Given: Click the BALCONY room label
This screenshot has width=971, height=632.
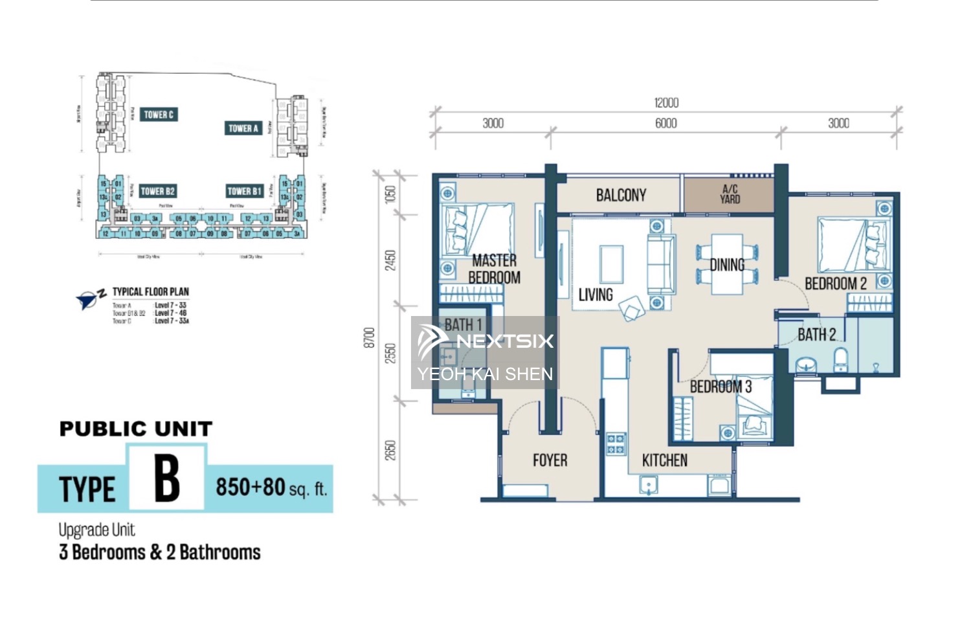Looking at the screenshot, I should [621, 195].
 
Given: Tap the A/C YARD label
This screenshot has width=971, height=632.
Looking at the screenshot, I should [730, 194].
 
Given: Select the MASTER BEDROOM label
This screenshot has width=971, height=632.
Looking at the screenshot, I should [494, 269].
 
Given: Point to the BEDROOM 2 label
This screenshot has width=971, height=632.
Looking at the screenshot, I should [835, 284].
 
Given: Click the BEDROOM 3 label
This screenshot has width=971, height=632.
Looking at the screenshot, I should [720, 387].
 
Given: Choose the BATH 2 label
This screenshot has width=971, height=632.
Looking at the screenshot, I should [816, 335].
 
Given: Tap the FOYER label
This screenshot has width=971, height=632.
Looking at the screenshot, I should [550, 460].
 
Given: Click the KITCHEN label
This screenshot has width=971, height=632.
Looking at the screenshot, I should [664, 460].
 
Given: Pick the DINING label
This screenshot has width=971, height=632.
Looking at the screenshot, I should [727, 265].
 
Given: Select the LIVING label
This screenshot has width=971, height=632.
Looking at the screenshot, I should [596, 295].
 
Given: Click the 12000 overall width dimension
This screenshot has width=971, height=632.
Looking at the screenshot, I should [666, 103].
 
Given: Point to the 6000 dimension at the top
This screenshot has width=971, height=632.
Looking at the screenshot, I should [666, 124].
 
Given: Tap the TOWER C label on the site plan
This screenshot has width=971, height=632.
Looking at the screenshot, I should [159, 115].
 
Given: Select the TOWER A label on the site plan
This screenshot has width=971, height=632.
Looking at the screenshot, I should [243, 128].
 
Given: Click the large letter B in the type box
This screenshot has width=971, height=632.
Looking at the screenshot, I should [167, 479].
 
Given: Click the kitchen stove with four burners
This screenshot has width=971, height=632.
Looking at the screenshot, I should [615, 444].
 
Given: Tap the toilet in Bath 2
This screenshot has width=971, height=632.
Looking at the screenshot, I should [840, 360].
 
